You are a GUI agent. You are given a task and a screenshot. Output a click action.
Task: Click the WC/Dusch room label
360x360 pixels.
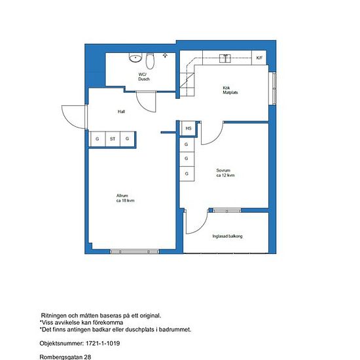click(x=144, y=77)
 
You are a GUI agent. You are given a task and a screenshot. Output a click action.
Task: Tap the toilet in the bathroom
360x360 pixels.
click(x=150, y=61)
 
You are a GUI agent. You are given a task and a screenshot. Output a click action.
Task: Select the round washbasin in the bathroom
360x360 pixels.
click(x=135, y=58)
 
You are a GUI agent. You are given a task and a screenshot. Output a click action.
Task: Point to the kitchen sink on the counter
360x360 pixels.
click(x=225, y=58)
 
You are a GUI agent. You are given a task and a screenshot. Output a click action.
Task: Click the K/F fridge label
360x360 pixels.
click(x=259, y=58)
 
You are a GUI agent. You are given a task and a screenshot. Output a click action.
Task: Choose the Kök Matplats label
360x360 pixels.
click(x=230, y=90)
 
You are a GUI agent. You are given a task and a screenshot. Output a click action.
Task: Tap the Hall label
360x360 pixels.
click(x=121, y=111)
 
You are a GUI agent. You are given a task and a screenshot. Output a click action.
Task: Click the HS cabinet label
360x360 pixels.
click(x=189, y=128)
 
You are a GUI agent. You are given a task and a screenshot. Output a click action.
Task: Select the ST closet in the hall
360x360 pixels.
click(x=113, y=139)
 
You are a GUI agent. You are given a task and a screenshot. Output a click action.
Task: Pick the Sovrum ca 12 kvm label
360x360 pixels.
click(x=225, y=173)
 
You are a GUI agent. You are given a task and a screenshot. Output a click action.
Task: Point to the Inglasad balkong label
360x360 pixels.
click(x=227, y=236)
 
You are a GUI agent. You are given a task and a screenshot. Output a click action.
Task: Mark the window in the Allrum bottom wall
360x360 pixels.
click(x=134, y=251)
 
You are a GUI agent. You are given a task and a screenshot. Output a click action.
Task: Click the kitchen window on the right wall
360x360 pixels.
click(x=274, y=88)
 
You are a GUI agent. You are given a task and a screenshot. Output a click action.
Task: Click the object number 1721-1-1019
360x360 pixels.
click(x=103, y=344)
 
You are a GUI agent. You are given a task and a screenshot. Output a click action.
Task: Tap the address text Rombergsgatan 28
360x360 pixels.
click(x=65, y=357)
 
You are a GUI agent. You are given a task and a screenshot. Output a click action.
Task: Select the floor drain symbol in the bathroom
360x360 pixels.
click(x=165, y=55)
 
